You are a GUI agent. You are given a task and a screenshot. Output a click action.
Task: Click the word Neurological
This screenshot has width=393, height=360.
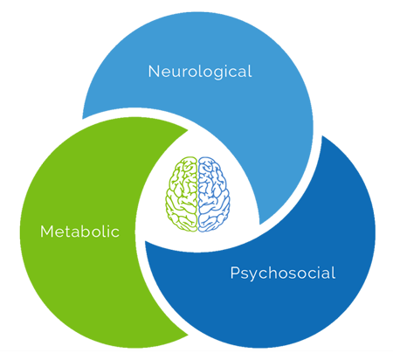pyautogui.click(x=200, y=72)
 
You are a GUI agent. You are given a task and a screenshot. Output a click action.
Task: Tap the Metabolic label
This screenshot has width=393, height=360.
pyautogui.click(x=79, y=232)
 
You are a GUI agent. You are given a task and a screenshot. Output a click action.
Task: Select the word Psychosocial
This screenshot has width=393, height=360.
pyautogui.click(x=283, y=273)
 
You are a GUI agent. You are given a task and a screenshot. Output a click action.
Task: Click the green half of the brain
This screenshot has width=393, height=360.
pyautogui.click(x=182, y=194)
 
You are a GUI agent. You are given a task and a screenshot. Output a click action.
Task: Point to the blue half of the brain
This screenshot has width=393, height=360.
pyautogui.click(x=214, y=194)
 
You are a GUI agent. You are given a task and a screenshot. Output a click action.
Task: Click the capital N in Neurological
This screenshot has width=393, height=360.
pyautogui.click(x=154, y=72)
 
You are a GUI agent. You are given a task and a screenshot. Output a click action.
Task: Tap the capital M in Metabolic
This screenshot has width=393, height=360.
pyautogui.click(x=46, y=232)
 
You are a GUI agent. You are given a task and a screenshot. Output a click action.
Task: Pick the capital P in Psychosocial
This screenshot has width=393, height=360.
pyautogui.click(x=235, y=273)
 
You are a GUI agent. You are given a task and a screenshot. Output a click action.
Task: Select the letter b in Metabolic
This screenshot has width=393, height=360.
pyautogui.click(x=88, y=232)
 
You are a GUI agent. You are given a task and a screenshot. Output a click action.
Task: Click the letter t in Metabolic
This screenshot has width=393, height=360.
pyautogui.click(x=67, y=232)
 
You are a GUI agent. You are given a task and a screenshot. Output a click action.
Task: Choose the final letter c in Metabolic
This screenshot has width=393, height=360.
pyautogui.click(x=114, y=233)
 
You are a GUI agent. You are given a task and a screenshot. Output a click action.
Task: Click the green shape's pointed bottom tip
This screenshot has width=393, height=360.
pyautogui.click(x=188, y=335)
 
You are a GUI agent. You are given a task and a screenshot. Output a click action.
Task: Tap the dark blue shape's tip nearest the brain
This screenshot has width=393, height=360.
pyautogui.click(x=145, y=241)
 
